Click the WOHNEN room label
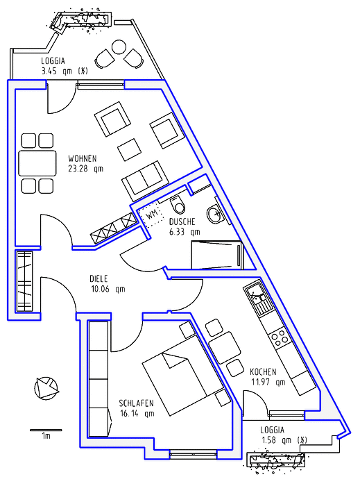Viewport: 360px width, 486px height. [x=83, y=159]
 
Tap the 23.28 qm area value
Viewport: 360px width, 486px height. [x=85, y=169]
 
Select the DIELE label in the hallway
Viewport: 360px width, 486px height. [x=98, y=278]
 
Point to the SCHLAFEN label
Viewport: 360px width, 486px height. [x=137, y=403]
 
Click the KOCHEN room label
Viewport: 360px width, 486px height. [x=263, y=371]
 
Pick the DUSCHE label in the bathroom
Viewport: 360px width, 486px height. [x=182, y=221]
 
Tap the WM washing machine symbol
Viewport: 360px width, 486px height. [x=151, y=214]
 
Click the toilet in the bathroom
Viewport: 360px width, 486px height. [x=178, y=205]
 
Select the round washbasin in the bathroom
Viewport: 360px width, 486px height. [x=214, y=214]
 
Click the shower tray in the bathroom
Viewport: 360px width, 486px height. [x=217, y=255]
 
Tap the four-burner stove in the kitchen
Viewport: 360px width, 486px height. [x=279, y=337]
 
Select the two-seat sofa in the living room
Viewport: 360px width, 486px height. [x=146, y=181]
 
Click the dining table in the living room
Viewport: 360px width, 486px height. [x=37, y=163]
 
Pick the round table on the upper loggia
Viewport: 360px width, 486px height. [x=119, y=47]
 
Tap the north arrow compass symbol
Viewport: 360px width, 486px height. [x=46, y=387]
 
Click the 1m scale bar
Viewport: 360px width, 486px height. [x=46, y=430]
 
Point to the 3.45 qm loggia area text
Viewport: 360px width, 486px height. [x=65, y=72]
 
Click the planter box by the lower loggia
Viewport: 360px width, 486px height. [x=275, y=460]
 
